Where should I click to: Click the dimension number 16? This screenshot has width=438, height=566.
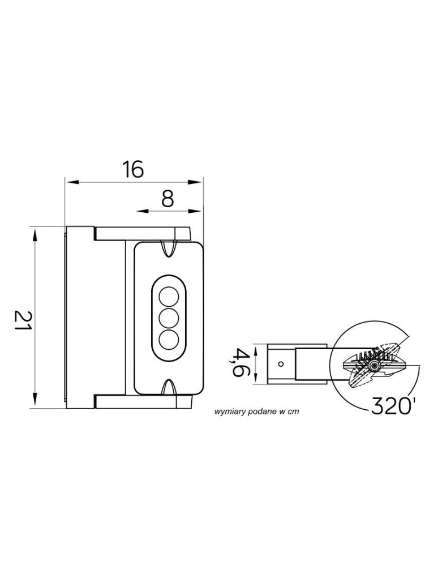132,170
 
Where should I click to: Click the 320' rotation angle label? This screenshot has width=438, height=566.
392,406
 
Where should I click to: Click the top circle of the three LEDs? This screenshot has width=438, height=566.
169,297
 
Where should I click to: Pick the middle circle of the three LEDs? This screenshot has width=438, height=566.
169,318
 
